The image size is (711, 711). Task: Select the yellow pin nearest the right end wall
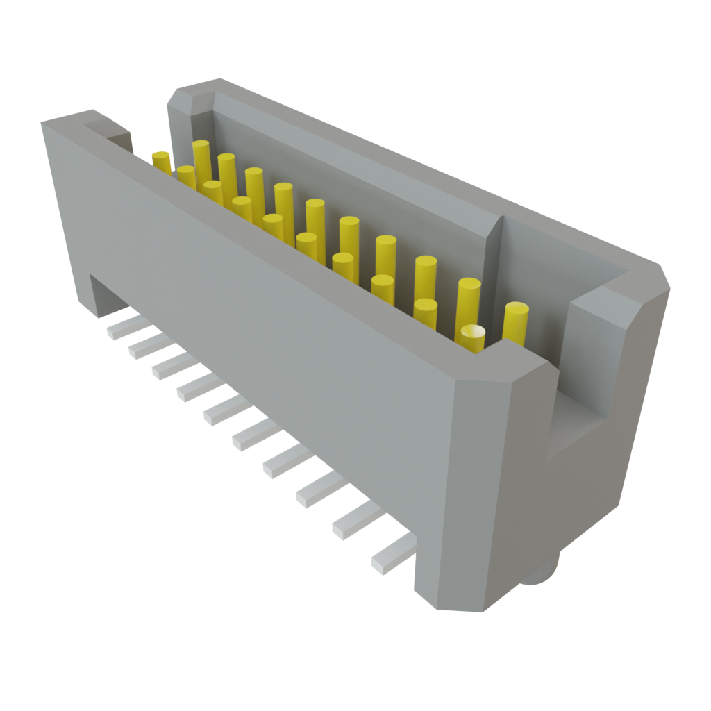pyautogui.click(x=516, y=321)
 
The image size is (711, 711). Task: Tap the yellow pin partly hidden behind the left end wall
pyautogui.click(x=161, y=162)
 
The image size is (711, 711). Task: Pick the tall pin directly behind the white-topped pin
pyautogui.click(x=469, y=299)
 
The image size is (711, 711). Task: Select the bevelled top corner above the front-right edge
pyautogui.click(x=486, y=368)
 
